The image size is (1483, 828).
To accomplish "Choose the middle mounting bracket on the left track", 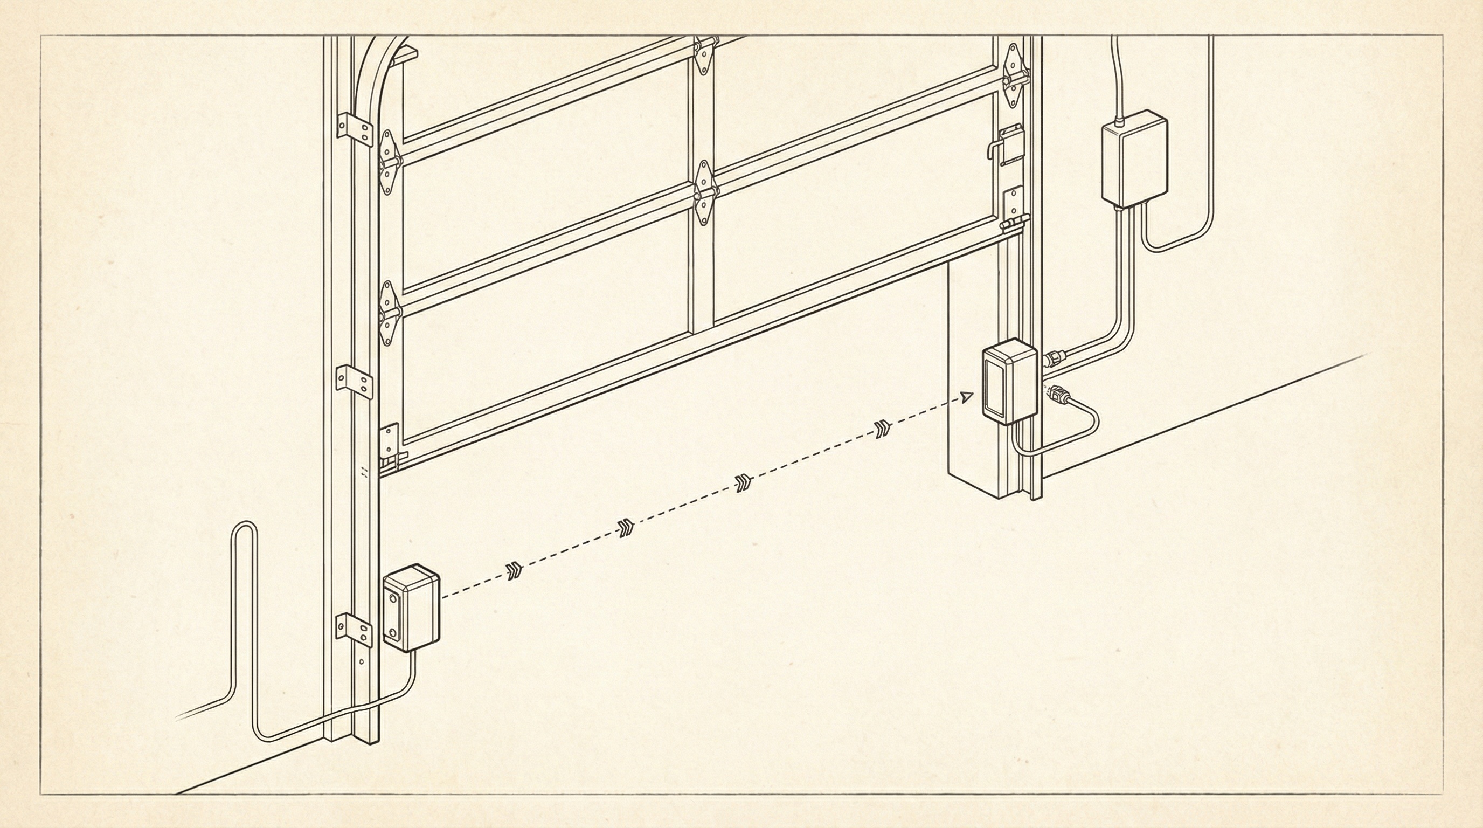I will [354, 380].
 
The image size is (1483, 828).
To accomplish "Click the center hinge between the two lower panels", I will [703, 194].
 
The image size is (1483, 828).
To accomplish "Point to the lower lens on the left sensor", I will [393, 633].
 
